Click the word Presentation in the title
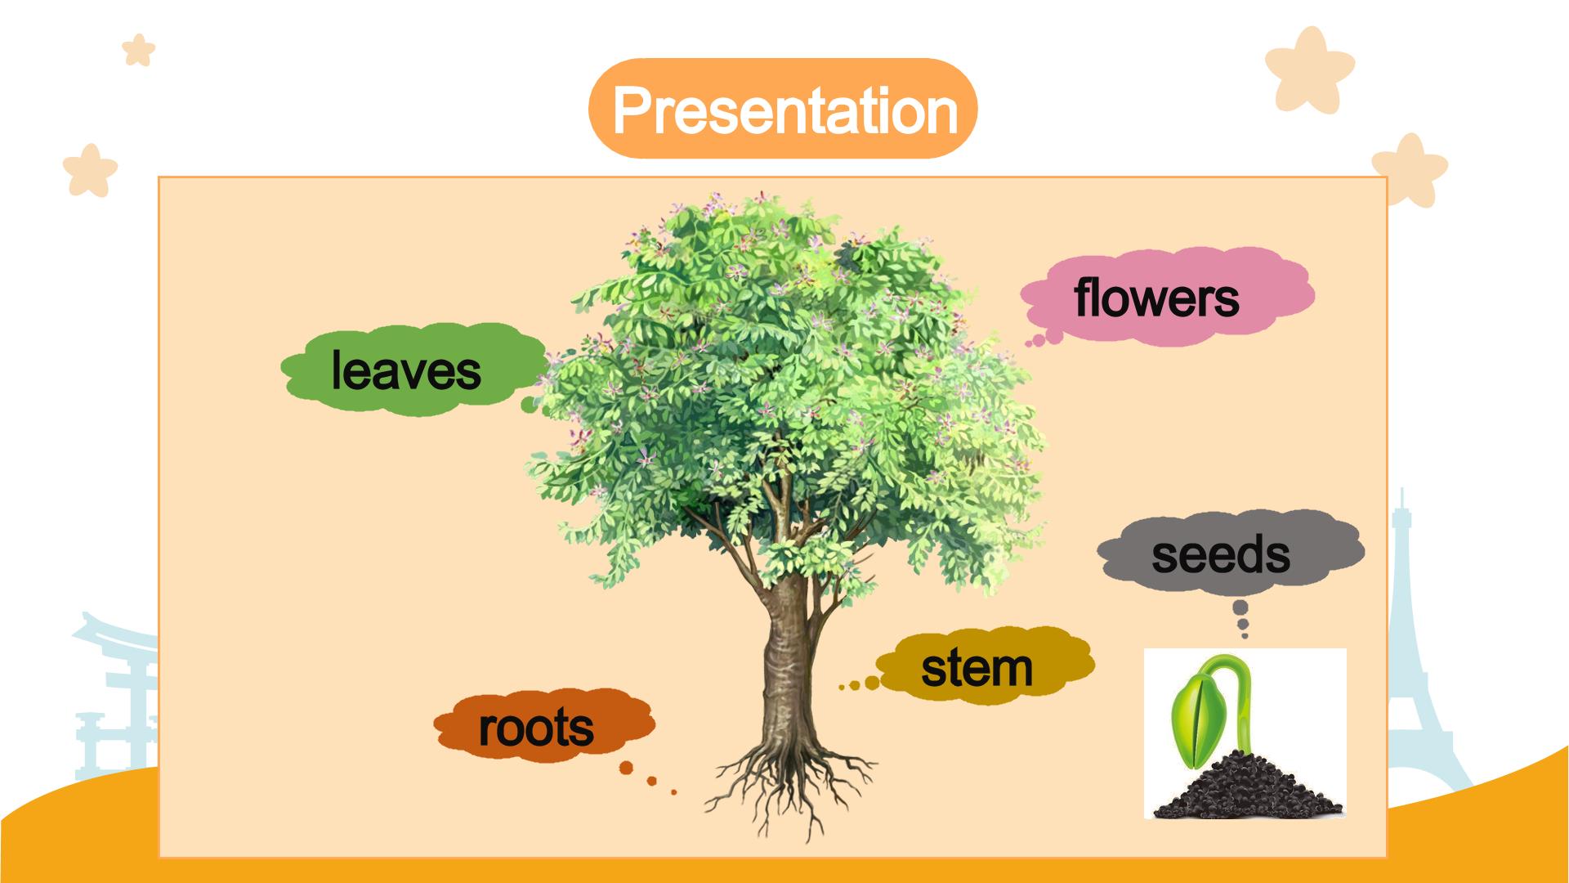pos(784,110)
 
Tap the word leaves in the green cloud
pos(406,371)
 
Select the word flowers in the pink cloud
pos(1156,297)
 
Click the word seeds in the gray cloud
pos(1221,554)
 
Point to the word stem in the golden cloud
pos(977,668)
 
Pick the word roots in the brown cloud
pos(536,728)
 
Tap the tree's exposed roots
pos(789,785)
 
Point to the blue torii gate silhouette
pos(114,695)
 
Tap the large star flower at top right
pos(1309,69)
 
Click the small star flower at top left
pos(138,50)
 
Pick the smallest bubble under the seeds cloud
pos(1244,634)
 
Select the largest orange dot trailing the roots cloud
pos(627,768)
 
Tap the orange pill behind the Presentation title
pos(783,109)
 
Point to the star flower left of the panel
pos(90,170)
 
